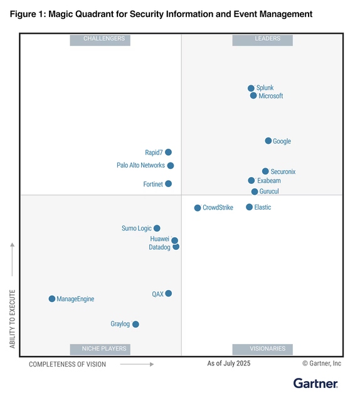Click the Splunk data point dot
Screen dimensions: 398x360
point(251,89)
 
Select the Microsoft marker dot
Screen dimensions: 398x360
point(253,96)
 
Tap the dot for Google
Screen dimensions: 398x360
point(268,141)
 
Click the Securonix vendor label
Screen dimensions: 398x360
point(283,171)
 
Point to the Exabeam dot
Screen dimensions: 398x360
point(251,181)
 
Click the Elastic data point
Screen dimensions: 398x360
point(249,207)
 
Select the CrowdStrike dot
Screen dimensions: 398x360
point(198,208)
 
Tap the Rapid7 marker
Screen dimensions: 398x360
point(168,152)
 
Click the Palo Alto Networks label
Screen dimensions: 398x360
point(140,166)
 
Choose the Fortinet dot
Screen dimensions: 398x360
point(168,184)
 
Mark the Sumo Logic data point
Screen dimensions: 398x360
point(157,229)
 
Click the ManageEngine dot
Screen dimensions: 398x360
point(52,299)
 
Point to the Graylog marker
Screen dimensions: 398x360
point(135,324)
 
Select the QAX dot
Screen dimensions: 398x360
point(168,293)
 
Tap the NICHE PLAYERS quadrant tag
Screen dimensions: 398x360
point(104,348)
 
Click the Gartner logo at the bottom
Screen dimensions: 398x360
point(315,383)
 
